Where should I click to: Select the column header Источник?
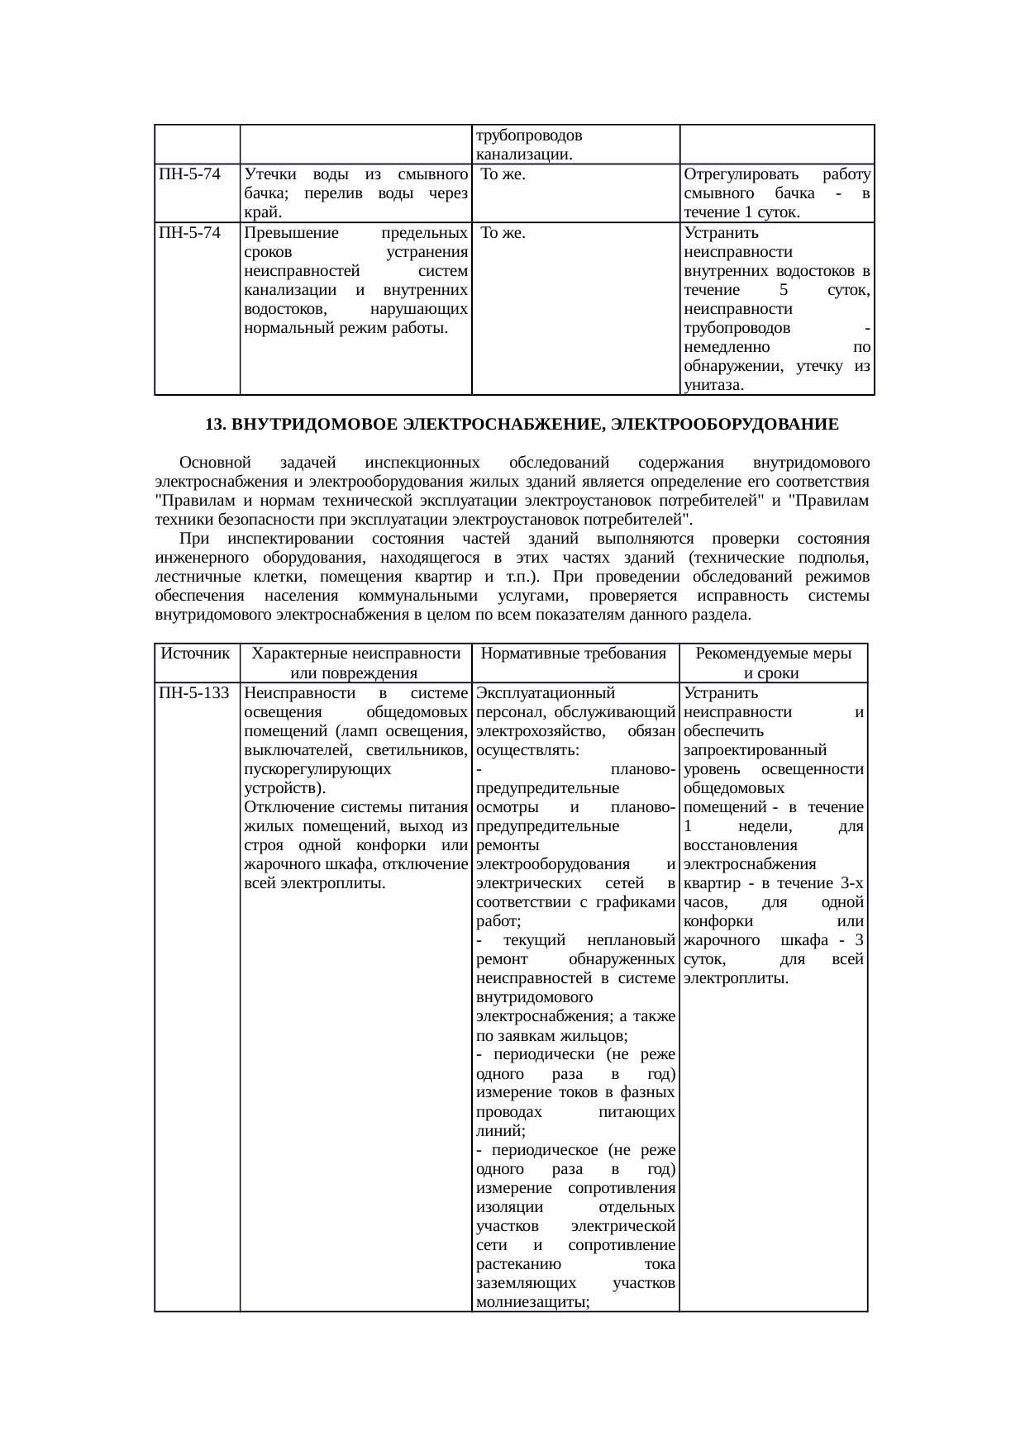pos(196,654)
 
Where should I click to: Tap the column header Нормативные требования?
pos(574,654)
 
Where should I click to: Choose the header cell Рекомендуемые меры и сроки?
pos(773,663)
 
